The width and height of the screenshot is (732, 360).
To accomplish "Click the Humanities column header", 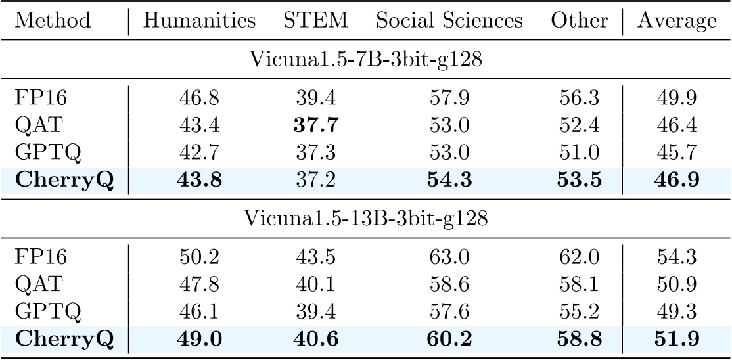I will (199, 21).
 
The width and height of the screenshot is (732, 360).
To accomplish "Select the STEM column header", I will (315, 21).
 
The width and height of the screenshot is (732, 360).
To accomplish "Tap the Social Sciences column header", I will (449, 21).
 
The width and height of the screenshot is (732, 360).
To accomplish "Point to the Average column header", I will (677, 21).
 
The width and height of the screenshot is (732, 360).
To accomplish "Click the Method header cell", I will (53, 21).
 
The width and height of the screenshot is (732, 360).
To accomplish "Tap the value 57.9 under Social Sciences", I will (449, 99).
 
